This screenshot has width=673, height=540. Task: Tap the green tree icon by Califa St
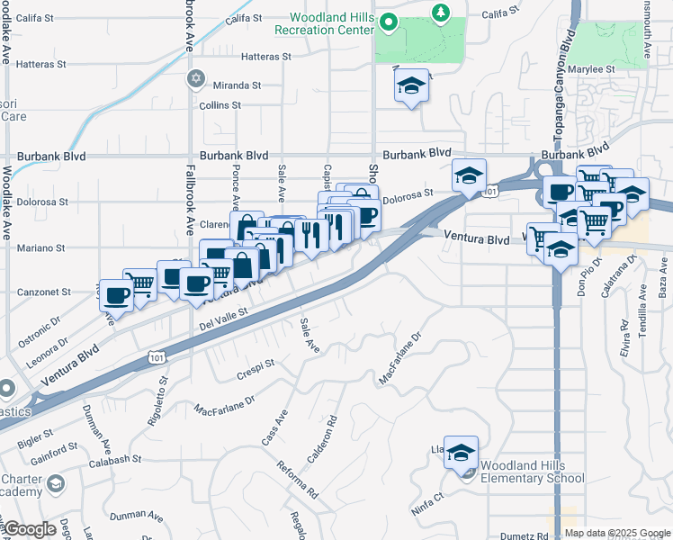(x=440, y=12)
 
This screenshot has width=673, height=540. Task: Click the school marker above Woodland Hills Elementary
(x=461, y=452)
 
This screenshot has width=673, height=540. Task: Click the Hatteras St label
(x=267, y=56)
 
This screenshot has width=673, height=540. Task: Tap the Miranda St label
(x=237, y=85)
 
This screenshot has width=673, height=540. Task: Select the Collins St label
(x=220, y=105)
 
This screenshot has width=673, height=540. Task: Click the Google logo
(x=30, y=529)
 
